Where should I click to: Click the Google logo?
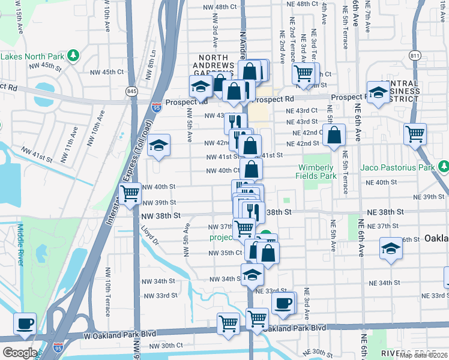[x=20, y=353]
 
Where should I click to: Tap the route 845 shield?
[x=132, y=91]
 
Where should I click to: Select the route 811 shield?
[x=414, y=56]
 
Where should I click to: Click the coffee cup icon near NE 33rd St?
[x=283, y=304]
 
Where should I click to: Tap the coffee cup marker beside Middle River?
[x=25, y=324]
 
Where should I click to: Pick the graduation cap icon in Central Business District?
[x=378, y=92]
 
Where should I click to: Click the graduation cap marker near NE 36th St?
[x=391, y=249]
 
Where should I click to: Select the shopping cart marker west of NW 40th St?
[x=130, y=194]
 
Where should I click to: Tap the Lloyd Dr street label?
[x=149, y=236]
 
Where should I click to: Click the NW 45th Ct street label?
[x=106, y=72]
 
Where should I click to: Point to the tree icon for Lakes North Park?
[x=73, y=56]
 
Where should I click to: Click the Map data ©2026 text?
[x=423, y=355]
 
